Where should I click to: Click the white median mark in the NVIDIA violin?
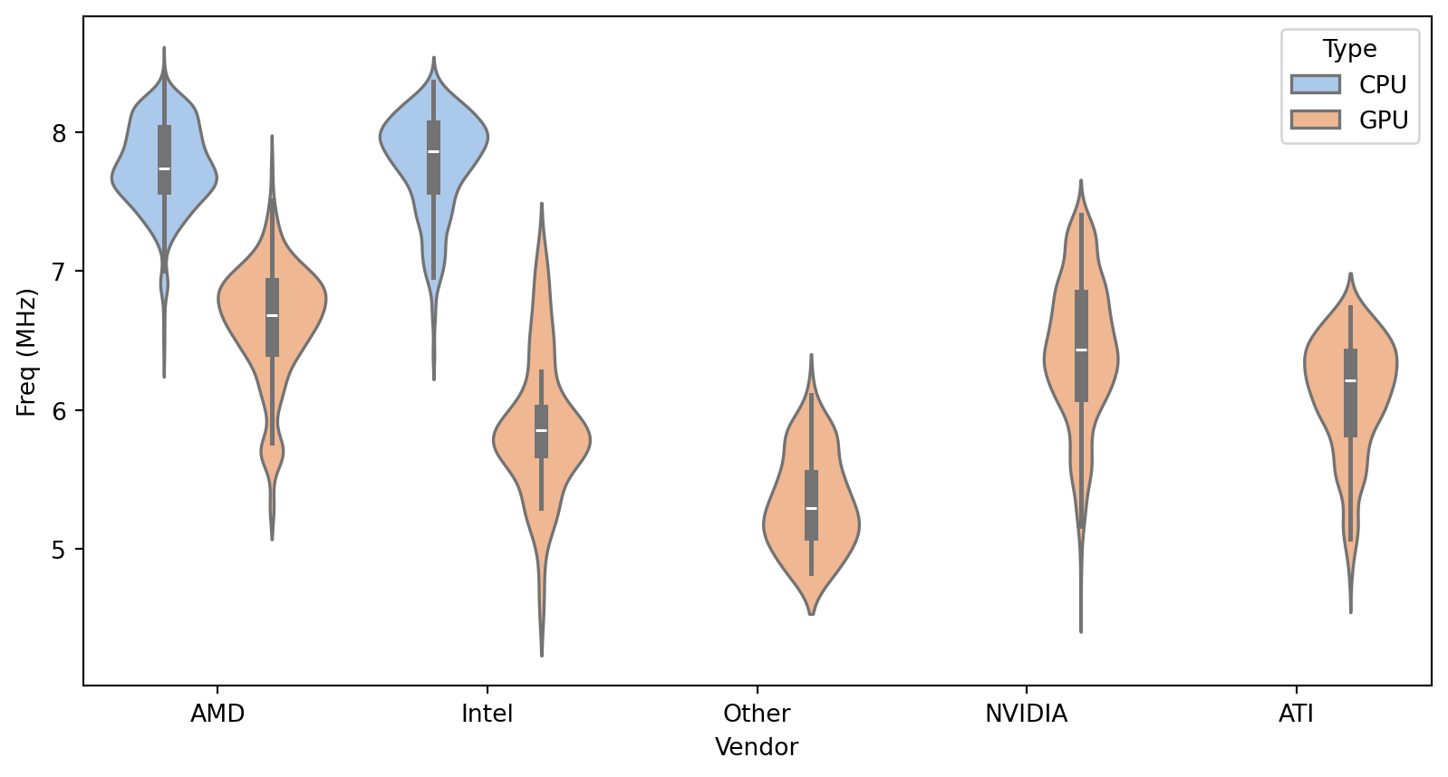(1081, 350)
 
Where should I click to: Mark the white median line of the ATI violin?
(1350, 380)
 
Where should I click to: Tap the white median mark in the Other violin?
(811, 508)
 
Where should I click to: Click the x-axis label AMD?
(217, 714)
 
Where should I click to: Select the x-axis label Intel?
(487, 714)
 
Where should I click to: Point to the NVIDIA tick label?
(1026, 714)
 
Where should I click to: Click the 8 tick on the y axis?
(60, 133)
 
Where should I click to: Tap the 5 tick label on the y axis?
(60, 550)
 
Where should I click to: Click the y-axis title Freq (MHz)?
(26, 352)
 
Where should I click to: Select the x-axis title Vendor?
(757, 747)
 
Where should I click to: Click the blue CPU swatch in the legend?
(1316, 84)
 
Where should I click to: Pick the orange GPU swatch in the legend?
(1316, 120)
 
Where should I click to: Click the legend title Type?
(1349, 49)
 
